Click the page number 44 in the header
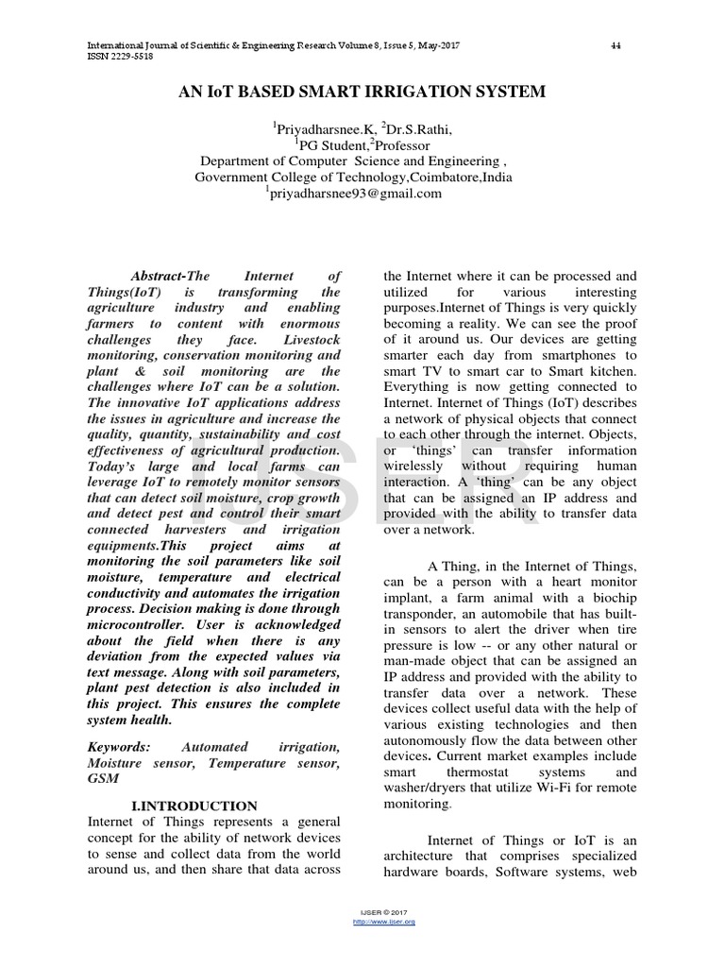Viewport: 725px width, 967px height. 615,45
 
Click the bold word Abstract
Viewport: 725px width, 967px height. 157,276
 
